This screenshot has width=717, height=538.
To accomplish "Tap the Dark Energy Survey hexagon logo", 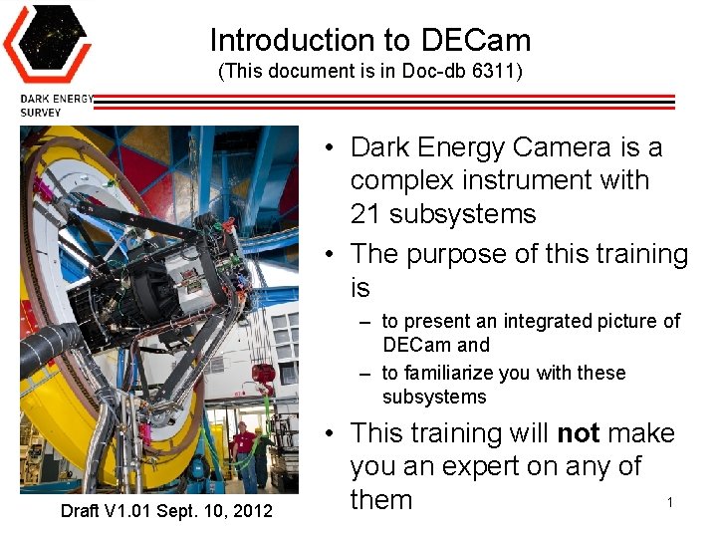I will point(46,45).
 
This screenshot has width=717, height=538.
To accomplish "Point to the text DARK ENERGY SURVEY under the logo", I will point(56,106).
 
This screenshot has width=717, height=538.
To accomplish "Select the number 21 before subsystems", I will point(367,214).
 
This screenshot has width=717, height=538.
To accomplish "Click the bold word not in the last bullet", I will point(578,433).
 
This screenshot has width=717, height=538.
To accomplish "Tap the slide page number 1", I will point(670,502).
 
